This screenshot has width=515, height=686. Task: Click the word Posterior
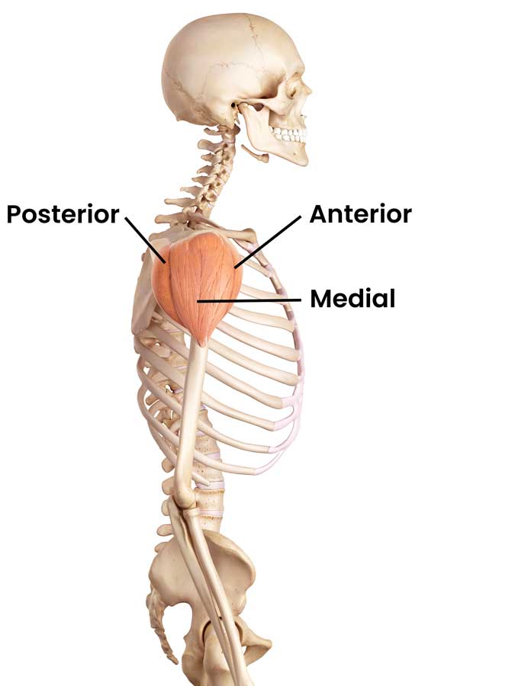coord(63,214)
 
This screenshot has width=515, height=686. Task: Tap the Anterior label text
coord(360,214)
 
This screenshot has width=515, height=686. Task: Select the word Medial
coord(352,298)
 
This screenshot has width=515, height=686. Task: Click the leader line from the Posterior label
coord(145,240)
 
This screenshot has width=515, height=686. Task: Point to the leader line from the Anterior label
coord(268,242)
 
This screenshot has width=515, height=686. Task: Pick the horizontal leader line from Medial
coord(249,301)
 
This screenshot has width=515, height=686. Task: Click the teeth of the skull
coord(289,134)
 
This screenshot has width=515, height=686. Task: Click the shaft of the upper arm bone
coord(191,415)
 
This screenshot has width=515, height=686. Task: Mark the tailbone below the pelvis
coord(161,630)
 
